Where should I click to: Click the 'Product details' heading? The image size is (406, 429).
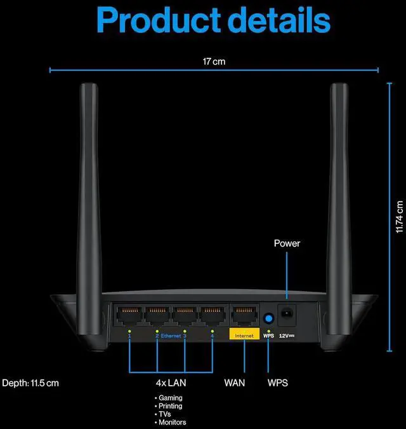point(214,22)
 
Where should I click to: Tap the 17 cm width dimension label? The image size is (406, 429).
point(214,62)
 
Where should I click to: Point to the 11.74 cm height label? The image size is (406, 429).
point(399,216)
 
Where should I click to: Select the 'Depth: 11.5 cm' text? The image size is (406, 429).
point(30,383)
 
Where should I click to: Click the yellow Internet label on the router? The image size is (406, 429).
point(244,335)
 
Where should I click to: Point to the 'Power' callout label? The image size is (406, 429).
point(287,243)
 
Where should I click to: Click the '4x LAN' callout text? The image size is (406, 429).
point(171,383)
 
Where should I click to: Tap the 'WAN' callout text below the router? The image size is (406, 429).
point(235,383)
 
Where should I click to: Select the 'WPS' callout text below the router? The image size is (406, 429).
point(277,383)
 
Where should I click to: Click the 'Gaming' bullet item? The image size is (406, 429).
point(170,398)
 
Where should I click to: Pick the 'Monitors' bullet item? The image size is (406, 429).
point(172,423)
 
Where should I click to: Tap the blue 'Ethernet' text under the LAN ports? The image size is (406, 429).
point(171,335)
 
